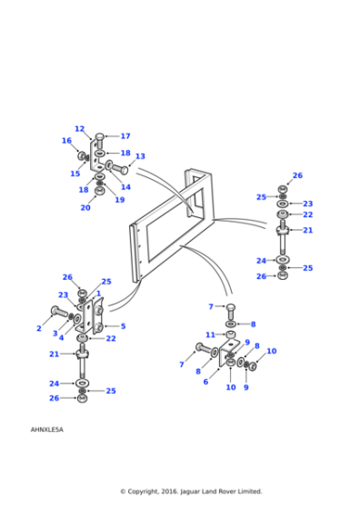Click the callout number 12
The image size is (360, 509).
pos(79,129)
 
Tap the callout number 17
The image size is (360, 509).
pos(125,136)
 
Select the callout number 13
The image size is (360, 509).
pos(140,156)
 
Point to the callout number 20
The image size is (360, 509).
pos(85,207)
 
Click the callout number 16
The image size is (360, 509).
pos(66,141)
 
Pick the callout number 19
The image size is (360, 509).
pos(120,200)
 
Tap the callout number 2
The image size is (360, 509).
pos(39,328)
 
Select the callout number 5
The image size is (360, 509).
pos(123,325)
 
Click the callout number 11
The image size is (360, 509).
pos(210,334)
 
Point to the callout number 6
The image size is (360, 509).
pos(205,382)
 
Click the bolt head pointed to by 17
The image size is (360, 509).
pos(100,138)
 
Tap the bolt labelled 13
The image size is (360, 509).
pos(118,167)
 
